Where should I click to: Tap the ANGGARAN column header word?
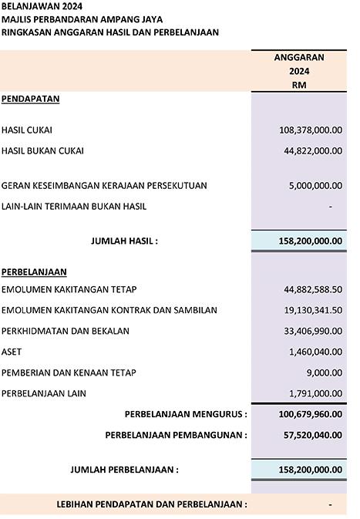(299, 57)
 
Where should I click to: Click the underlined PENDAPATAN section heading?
(31, 99)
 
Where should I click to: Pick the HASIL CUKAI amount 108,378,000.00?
(311, 130)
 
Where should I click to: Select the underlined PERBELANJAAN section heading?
(34, 272)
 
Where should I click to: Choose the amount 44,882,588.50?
(313, 290)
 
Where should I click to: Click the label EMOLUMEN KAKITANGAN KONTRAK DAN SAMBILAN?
(109, 310)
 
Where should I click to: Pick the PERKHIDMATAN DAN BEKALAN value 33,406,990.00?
(313, 331)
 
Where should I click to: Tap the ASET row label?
(12, 352)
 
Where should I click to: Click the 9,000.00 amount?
(325, 372)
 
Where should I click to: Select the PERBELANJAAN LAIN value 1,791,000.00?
(315, 393)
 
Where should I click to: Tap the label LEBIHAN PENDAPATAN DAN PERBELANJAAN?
(152, 504)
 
